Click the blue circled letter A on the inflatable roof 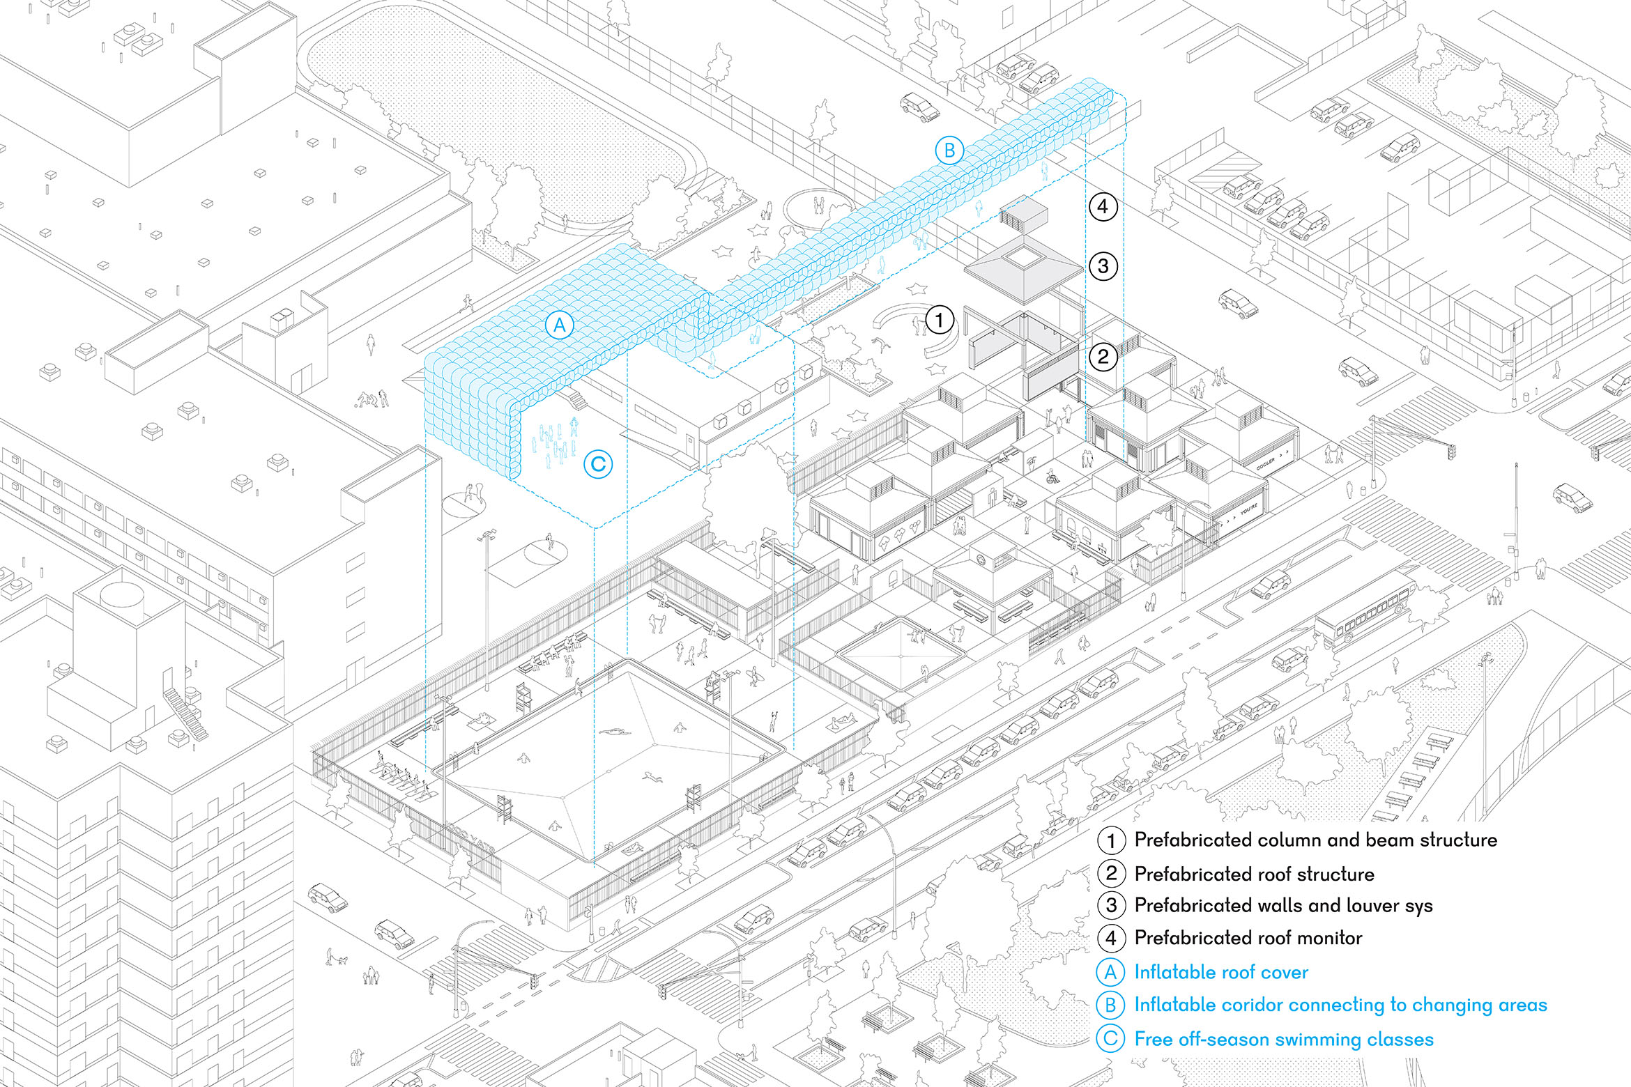pyautogui.click(x=559, y=325)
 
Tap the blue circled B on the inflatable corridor pyautogui.click(x=949, y=151)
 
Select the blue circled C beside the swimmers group pyautogui.click(x=598, y=464)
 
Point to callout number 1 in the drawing pyautogui.click(x=939, y=321)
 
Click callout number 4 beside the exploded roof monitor pyautogui.click(x=1103, y=206)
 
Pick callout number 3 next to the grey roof pyautogui.click(x=1103, y=266)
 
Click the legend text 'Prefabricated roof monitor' pyautogui.click(x=1248, y=938)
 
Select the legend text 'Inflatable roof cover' pyautogui.click(x=1221, y=972)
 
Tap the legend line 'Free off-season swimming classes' pyautogui.click(x=1284, y=1039)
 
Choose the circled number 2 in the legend pyautogui.click(x=1111, y=874)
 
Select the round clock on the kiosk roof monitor pyautogui.click(x=981, y=558)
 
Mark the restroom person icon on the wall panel pyautogui.click(x=993, y=498)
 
